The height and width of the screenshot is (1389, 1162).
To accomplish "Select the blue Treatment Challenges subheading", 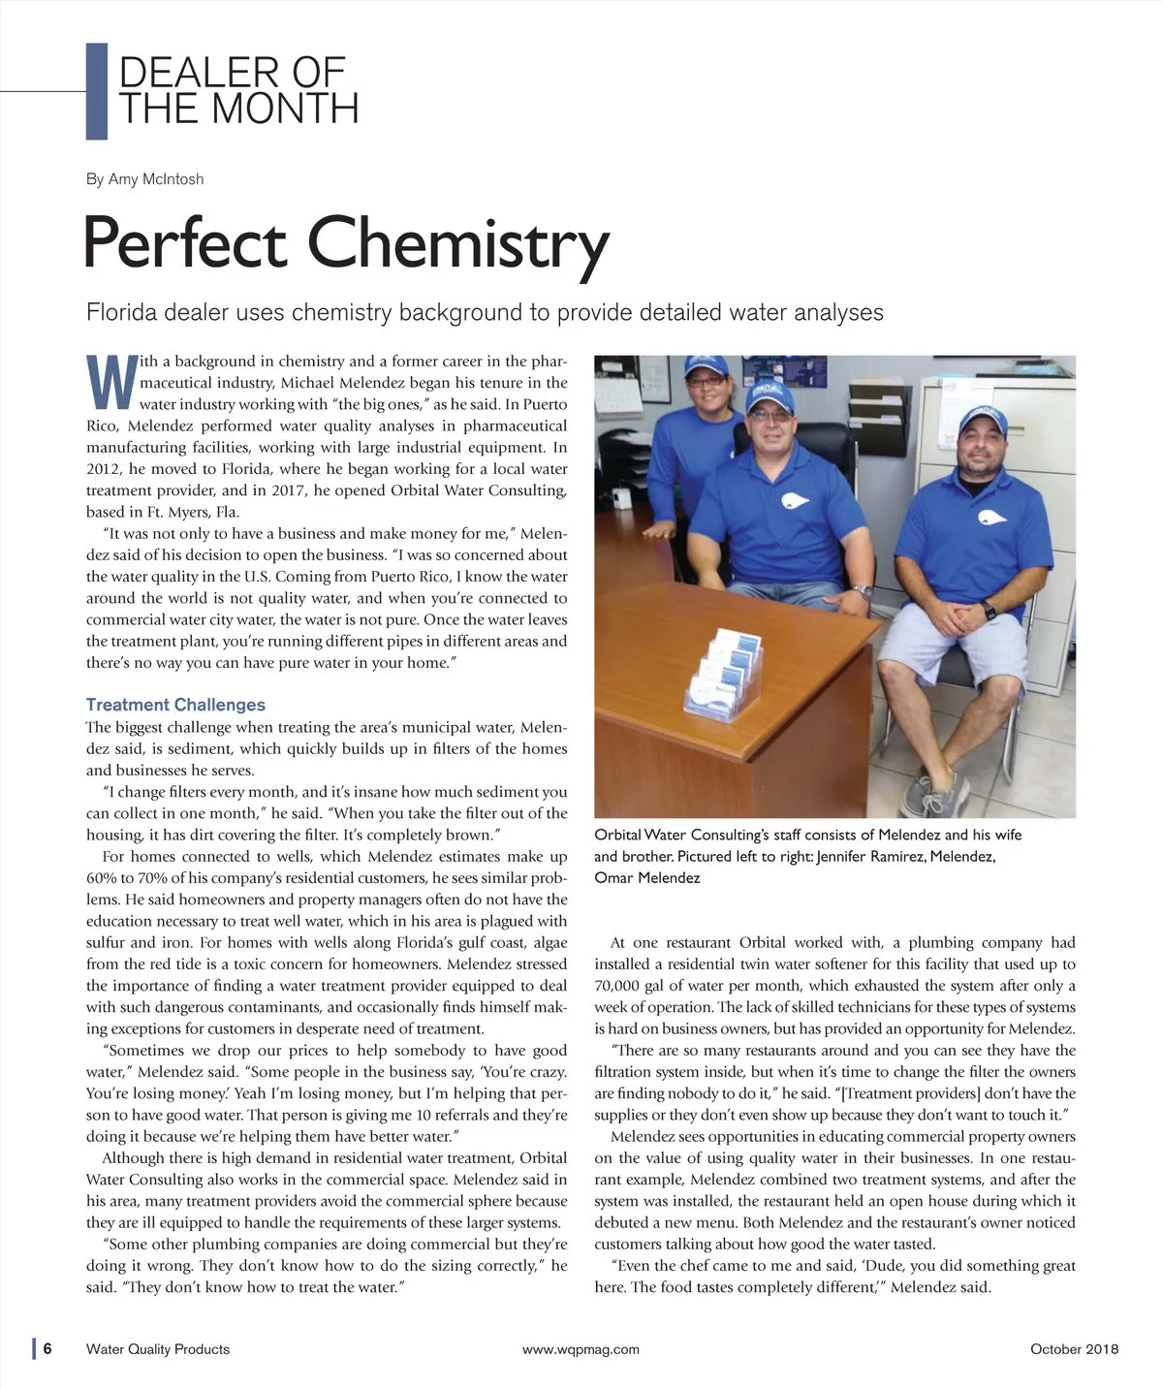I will point(175,705).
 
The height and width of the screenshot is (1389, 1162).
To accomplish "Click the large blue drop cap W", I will point(109,382).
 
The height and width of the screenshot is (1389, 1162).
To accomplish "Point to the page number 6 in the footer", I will point(47,1348).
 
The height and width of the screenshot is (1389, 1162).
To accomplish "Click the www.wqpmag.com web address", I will point(581,1348).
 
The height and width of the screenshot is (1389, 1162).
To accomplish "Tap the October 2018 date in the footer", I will point(1074,1348).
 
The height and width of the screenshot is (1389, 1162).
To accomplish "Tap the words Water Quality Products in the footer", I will point(158,1348).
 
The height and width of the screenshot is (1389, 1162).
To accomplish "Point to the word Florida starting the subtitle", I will point(121,312).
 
